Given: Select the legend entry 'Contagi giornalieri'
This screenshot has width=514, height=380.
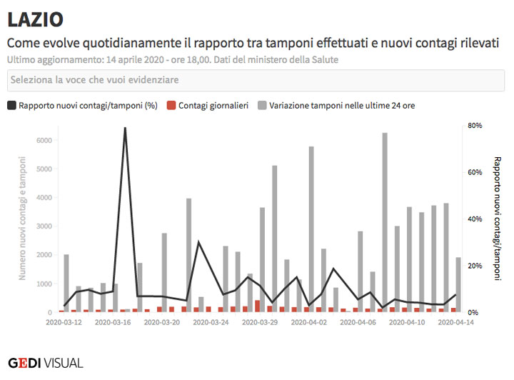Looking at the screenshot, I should click(207, 105).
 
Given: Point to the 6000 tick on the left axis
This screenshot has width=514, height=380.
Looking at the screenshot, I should click(44, 140).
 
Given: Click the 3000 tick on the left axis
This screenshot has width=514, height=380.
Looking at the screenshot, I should click(44, 226).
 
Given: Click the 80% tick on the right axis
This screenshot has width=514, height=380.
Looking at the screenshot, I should click(475, 125).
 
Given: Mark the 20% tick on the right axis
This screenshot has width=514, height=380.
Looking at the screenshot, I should click(475, 266).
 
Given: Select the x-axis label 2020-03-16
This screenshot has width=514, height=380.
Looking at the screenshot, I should click(113, 323).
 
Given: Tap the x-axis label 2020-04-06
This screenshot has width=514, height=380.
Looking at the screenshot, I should click(357, 323).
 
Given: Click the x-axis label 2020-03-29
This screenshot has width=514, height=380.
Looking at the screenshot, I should click(259, 323).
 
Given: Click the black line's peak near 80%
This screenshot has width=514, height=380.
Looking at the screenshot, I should click(125, 129).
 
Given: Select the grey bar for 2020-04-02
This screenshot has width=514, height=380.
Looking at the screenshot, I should click(311, 229).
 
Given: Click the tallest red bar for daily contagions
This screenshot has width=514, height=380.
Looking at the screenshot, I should click(257, 306).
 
